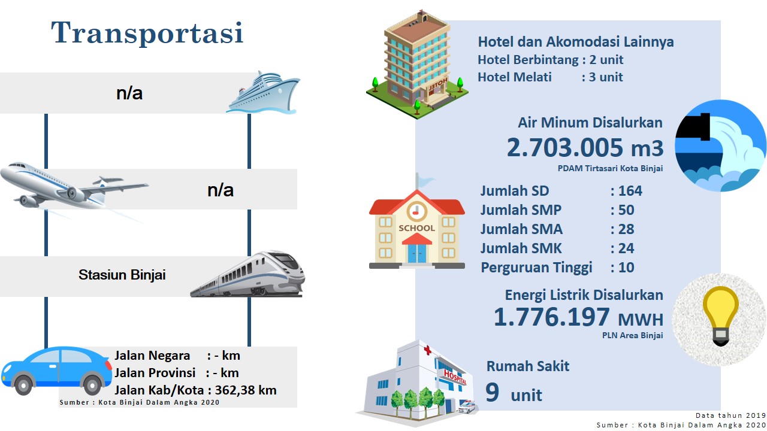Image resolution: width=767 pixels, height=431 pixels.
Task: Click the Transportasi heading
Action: pyautogui.click(x=147, y=33)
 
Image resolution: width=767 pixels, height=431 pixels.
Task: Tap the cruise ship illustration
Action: pyautogui.click(x=263, y=92)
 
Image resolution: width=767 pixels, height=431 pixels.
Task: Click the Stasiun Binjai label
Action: pyautogui.click(x=122, y=275)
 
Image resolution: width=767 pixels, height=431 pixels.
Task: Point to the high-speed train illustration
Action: pyautogui.click(x=247, y=274)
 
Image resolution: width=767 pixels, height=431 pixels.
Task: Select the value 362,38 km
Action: pyautogui.click(x=246, y=390)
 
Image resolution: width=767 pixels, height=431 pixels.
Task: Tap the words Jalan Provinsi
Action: pyautogui.click(x=155, y=372)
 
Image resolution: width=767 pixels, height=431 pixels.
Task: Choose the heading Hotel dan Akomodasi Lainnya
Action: pyautogui.click(x=576, y=42)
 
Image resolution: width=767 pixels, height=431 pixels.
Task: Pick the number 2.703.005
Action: pyautogui.click(x=564, y=147)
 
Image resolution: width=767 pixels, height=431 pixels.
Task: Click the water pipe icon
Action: pyautogui.click(x=720, y=145)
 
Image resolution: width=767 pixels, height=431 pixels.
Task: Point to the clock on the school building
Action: pyautogui.click(x=416, y=211)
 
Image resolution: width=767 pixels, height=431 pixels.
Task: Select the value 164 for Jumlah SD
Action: pyautogui.click(x=630, y=191)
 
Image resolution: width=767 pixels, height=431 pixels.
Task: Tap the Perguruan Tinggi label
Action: pyautogui.click(x=536, y=268)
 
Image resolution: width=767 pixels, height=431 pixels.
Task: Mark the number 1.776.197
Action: pyautogui.click(x=552, y=317)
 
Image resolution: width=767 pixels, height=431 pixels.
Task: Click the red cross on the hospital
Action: pyautogui.click(x=427, y=350)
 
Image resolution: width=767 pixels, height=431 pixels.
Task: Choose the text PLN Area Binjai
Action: pyautogui.click(x=632, y=335)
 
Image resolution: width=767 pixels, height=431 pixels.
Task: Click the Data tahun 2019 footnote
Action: pyautogui.click(x=730, y=415)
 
